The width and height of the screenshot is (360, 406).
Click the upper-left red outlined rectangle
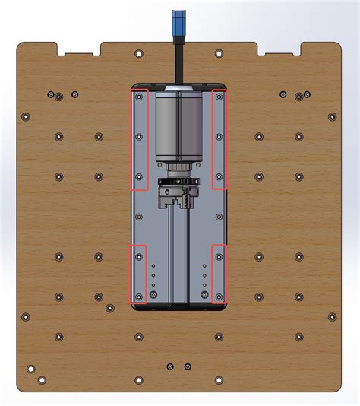coord(139,139)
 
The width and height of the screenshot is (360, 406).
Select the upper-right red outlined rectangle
coord(219,139)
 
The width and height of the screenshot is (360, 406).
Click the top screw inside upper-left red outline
coord(138,97)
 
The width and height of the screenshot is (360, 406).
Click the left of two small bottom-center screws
coord(169,367)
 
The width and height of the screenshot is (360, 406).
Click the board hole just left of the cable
coord(138,54)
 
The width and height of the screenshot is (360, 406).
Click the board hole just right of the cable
coord(219,54)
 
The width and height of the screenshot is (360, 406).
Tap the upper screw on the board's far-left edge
coord(26,117)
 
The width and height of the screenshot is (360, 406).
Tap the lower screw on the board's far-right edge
coord(332,316)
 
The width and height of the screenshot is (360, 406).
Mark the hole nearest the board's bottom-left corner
coord(31,370)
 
